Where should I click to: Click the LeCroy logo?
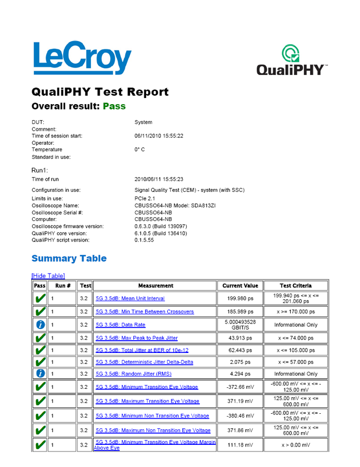pos(82,58)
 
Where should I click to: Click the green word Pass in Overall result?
pos(114,106)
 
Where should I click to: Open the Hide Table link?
pos(48,275)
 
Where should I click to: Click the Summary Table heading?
pos(69,258)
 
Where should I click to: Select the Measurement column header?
pos(155,286)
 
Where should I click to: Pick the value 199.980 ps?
pos(240,298)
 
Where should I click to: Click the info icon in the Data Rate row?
pos(39,325)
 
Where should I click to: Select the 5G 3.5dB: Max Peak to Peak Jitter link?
pos(137,338)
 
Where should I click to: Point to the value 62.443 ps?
pos(240,350)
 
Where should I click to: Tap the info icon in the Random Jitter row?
pos(39,374)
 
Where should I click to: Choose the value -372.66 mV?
pos(240,387)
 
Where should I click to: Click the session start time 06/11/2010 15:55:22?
pos(159,136)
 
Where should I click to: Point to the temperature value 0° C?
pos(140,150)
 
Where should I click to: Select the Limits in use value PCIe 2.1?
pos(146,198)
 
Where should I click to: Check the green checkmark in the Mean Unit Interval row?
pos(39,298)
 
